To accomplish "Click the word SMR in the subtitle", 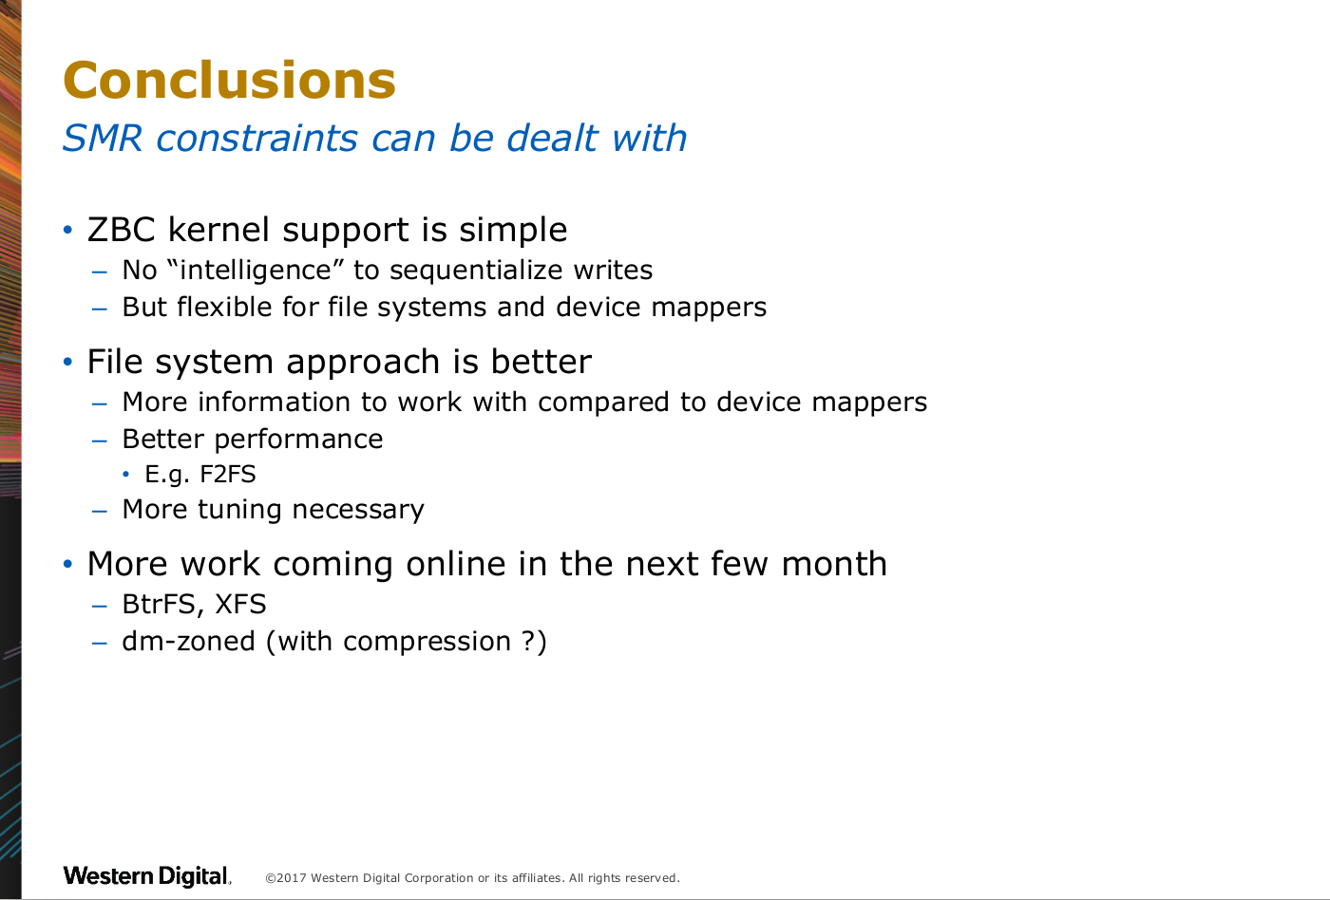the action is tap(103, 139).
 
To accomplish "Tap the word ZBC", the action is tap(122, 230).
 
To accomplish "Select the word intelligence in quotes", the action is tap(256, 270).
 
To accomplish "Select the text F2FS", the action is tap(228, 474).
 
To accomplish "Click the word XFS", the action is tap(240, 605).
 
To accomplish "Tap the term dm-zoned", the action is tap(189, 642).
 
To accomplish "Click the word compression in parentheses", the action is tap(427, 643).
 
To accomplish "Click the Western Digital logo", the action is tap(146, 875).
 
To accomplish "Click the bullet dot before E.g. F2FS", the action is tap(125, 474).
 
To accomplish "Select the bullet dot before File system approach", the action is tap(67, 362).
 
